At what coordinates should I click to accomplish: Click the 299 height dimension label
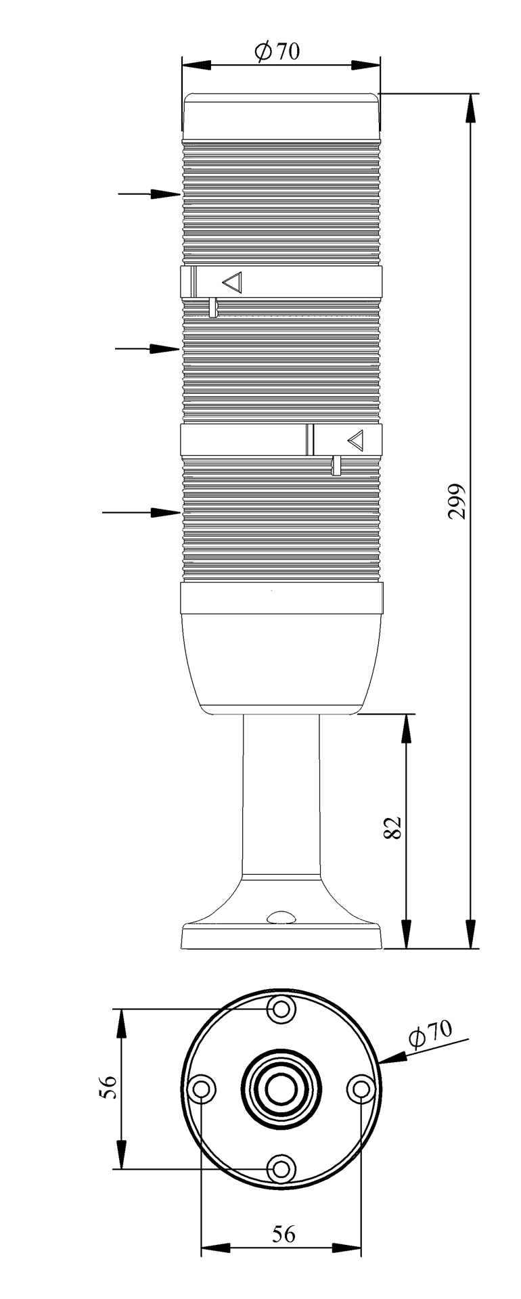pos(458,501)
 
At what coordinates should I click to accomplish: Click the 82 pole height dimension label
pos(393,827)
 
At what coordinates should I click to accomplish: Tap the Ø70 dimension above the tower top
pos(277,51)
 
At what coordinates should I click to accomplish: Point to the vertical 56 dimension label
pos(110,1087)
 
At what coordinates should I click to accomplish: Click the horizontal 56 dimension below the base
pos(284,1234)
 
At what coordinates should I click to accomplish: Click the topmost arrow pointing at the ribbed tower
pos(150,194)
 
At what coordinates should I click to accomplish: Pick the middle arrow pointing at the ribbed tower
pos(148,348)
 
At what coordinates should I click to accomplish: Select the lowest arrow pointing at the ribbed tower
pos(141,512)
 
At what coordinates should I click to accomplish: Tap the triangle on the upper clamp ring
pos(232,282)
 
